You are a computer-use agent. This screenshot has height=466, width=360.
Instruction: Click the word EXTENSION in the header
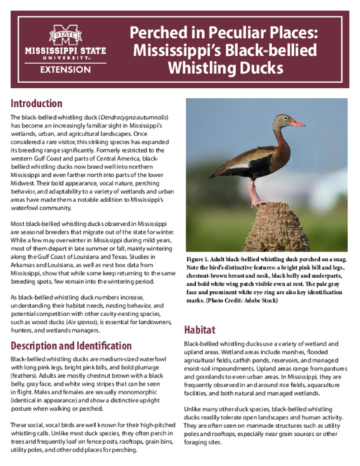point(65,70)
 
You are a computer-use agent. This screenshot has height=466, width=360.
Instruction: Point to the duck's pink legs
point(255,190)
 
